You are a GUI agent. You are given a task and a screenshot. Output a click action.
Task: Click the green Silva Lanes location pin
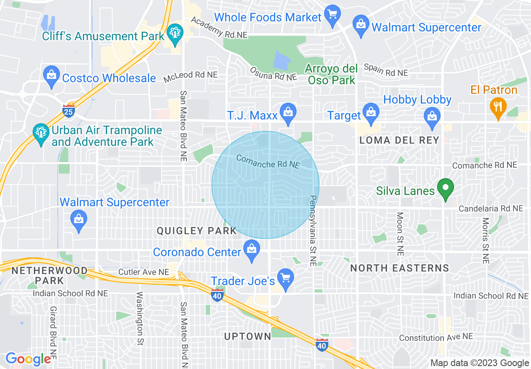point(446,189)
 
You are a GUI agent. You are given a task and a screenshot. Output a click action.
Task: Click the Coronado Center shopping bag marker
point(251,250)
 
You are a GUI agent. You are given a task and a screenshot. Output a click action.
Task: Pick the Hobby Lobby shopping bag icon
point(432,117)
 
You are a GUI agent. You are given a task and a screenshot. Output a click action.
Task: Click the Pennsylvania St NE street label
point(313,231)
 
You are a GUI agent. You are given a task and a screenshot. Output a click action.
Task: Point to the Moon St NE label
point(400,234)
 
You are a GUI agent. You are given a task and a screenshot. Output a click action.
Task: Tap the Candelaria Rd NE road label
point(491,208)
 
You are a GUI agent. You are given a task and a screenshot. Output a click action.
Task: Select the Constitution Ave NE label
point(436,337)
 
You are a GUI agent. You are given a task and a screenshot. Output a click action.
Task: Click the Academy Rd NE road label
point(219,28)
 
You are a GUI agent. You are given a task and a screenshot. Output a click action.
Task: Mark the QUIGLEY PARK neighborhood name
point(196,231)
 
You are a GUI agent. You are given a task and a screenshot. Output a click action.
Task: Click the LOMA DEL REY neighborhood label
point(399,140)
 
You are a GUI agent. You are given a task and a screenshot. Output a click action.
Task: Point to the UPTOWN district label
point(247,336)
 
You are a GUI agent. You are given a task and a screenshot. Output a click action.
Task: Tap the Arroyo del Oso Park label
point(331,74)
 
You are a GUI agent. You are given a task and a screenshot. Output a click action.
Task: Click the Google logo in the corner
point(28,359)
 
